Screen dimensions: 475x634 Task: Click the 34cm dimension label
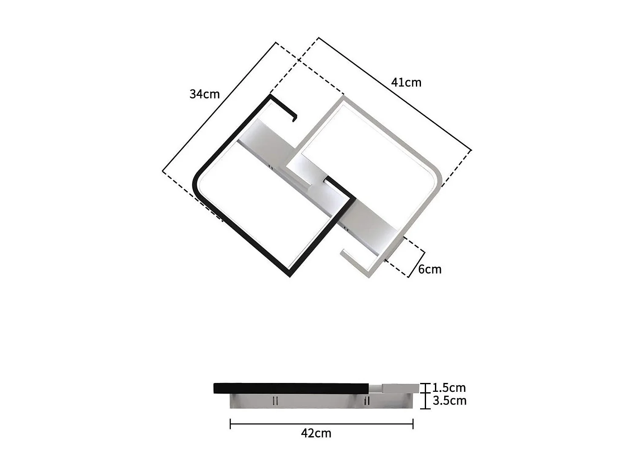point(205,94)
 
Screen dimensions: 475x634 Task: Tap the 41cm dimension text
point(406,82)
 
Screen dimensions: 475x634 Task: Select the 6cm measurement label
point(429,269)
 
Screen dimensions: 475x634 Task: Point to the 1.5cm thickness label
point(449,388)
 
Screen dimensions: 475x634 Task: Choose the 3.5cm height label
point(449,401)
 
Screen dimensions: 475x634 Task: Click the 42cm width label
point(316,433)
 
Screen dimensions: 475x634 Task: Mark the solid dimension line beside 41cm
point(395,94)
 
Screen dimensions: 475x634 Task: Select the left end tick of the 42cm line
point(230,424)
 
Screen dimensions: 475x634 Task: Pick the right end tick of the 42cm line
point(413,424)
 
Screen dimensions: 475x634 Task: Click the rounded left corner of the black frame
point(197,182)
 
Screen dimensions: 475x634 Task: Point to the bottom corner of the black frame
point(290,275)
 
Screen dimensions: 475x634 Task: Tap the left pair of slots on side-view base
point(275,400)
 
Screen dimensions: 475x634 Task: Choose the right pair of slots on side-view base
point(367,400)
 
